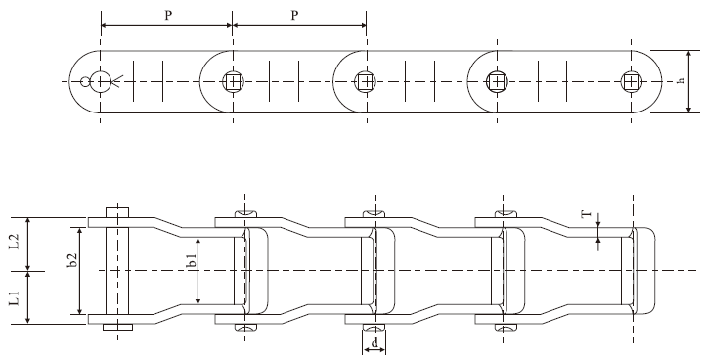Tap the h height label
(681, 82)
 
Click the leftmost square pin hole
(233, 82)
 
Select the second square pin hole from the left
(365, 82)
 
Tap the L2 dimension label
(14, 244)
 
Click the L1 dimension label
(14, 297)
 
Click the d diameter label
(374, 344)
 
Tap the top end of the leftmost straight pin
(116, 210)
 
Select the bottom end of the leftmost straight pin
(116, 328)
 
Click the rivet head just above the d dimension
(374, 326)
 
